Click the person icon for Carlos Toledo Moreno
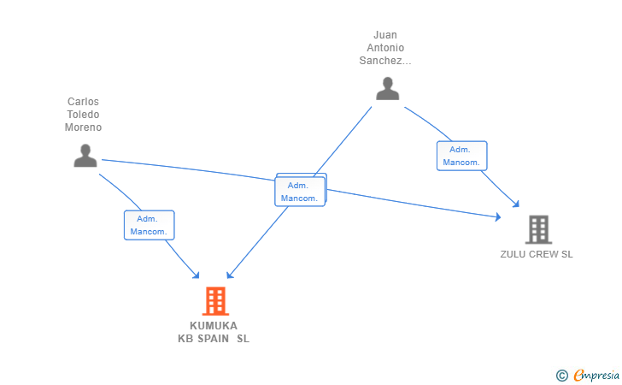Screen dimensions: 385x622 [85, 156]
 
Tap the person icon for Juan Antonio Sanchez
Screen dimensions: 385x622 [388, 89]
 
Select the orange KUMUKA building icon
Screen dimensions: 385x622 [216, 301]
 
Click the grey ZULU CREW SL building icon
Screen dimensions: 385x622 [538, 229]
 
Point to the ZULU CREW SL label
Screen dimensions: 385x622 [537, 254]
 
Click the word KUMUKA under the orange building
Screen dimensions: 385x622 [214, 325]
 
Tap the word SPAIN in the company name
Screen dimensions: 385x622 [214, 338]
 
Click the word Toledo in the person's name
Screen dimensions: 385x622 [84, 115]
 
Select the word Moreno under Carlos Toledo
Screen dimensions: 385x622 [84, 127]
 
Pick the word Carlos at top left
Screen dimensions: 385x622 [84, 102]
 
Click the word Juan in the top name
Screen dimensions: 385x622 [385, 36]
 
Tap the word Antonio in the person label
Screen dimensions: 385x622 [385, 49]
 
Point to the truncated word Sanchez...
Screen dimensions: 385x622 [385, 62]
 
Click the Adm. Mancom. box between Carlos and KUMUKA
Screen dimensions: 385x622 [150, 225]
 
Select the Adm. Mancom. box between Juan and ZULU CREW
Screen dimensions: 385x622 [462, 156]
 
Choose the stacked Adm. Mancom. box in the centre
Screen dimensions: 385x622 [300, 192]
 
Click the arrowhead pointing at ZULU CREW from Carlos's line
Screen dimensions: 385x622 [496, 218]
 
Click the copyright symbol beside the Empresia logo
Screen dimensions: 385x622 [561, 375]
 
